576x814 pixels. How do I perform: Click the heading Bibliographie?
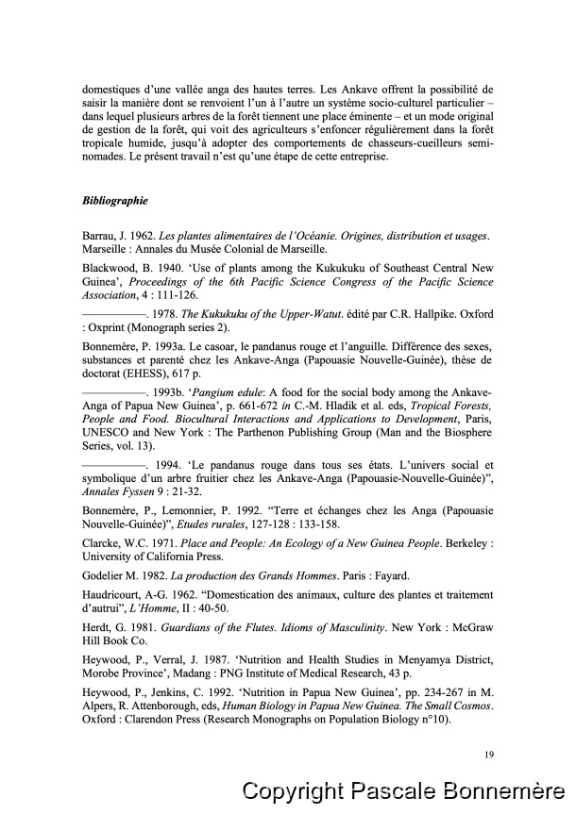pos(114,201)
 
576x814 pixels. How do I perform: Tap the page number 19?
pos(487,753)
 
